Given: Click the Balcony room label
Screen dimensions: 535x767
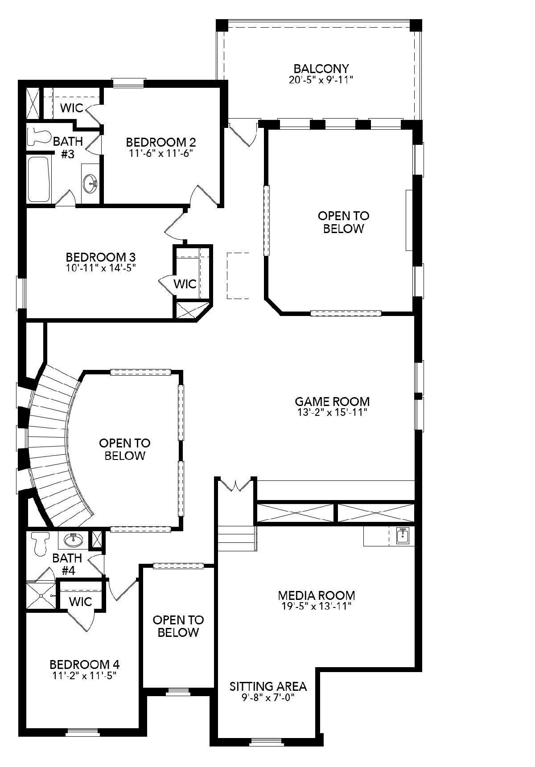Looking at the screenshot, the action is click(321, 69).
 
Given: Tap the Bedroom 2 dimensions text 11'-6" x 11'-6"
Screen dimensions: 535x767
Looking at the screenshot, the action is click(160, 153).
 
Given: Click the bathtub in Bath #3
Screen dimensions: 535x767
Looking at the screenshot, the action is click(38, 179).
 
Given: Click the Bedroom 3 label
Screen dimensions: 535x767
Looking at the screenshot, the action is click(101, 257).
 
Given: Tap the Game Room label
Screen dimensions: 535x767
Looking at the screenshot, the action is click(332, 401).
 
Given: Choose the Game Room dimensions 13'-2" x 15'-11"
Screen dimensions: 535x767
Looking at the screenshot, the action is click(332, 412).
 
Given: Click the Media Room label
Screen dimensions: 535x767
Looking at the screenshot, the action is click(317, 595).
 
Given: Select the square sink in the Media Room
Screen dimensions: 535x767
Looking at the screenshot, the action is click(403, 536).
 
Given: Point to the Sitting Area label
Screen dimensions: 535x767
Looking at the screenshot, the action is click(268, 686).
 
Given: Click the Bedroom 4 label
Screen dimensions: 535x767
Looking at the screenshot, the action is click(84, 664).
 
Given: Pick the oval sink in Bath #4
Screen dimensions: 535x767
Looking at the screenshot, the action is click(74, 540).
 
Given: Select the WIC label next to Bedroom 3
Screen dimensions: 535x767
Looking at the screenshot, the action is click(185, 284).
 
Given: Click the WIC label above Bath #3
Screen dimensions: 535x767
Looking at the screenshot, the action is click(72, 108).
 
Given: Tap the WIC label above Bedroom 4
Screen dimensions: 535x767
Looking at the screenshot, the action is click(81, 602).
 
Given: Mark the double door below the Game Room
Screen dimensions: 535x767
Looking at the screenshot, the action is click(236, 484).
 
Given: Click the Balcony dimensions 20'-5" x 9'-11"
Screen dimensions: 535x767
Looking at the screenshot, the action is click(321, 80).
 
